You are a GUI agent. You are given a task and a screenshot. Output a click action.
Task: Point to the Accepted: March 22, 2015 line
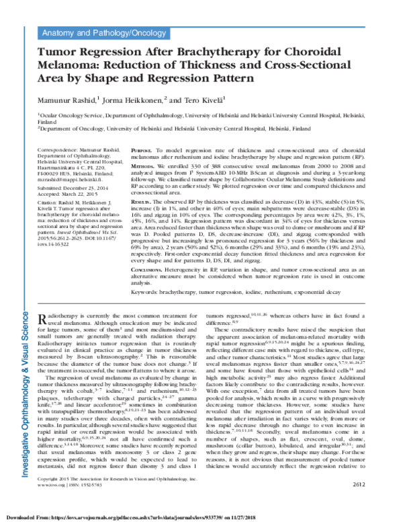pyautogui.click(x=71, y=194)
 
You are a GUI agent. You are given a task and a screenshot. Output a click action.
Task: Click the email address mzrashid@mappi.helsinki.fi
pyautogui.click(x=74, y=179)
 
